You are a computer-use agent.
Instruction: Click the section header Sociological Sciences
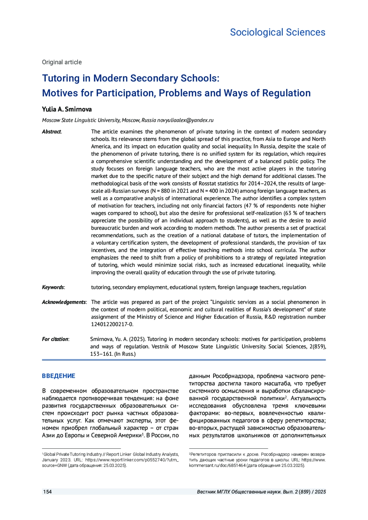pos(278,32)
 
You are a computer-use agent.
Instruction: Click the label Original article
pos(62,62)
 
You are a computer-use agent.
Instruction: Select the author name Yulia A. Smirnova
pos(67,109)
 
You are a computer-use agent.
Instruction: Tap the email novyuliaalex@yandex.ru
pos(185,120)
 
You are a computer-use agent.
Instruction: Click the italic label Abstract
pos(52,132)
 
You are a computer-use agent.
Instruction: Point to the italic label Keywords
pos(53,287)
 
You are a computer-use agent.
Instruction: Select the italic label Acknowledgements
pos(64,302)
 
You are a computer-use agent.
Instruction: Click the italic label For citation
pos(55,339)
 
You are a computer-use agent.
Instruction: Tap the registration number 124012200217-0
pos(112,325)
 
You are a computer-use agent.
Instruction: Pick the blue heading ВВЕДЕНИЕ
pos(59,376)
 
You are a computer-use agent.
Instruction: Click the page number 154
pos(48,492)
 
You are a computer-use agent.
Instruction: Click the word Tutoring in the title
pos(61,78)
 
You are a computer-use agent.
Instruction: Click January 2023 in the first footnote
pos(54,460)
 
